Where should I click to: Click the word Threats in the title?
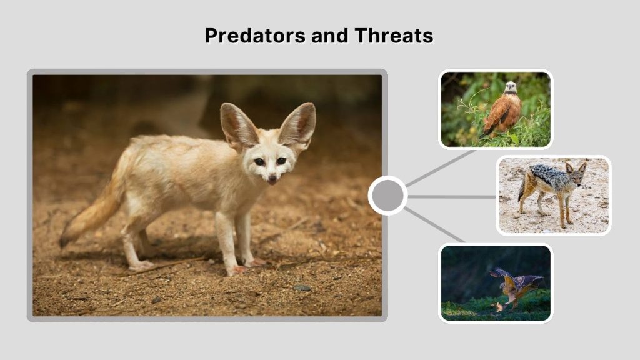point(394,36)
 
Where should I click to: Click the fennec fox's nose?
point(272,180)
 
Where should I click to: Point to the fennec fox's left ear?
point(297,125)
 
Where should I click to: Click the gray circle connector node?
point(387,196)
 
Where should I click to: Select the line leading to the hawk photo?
point(441,168)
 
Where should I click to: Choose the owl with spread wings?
point(516,286)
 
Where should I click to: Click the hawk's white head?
point(511,87)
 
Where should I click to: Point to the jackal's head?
point(575,171)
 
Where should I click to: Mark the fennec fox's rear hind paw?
point(141,266)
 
